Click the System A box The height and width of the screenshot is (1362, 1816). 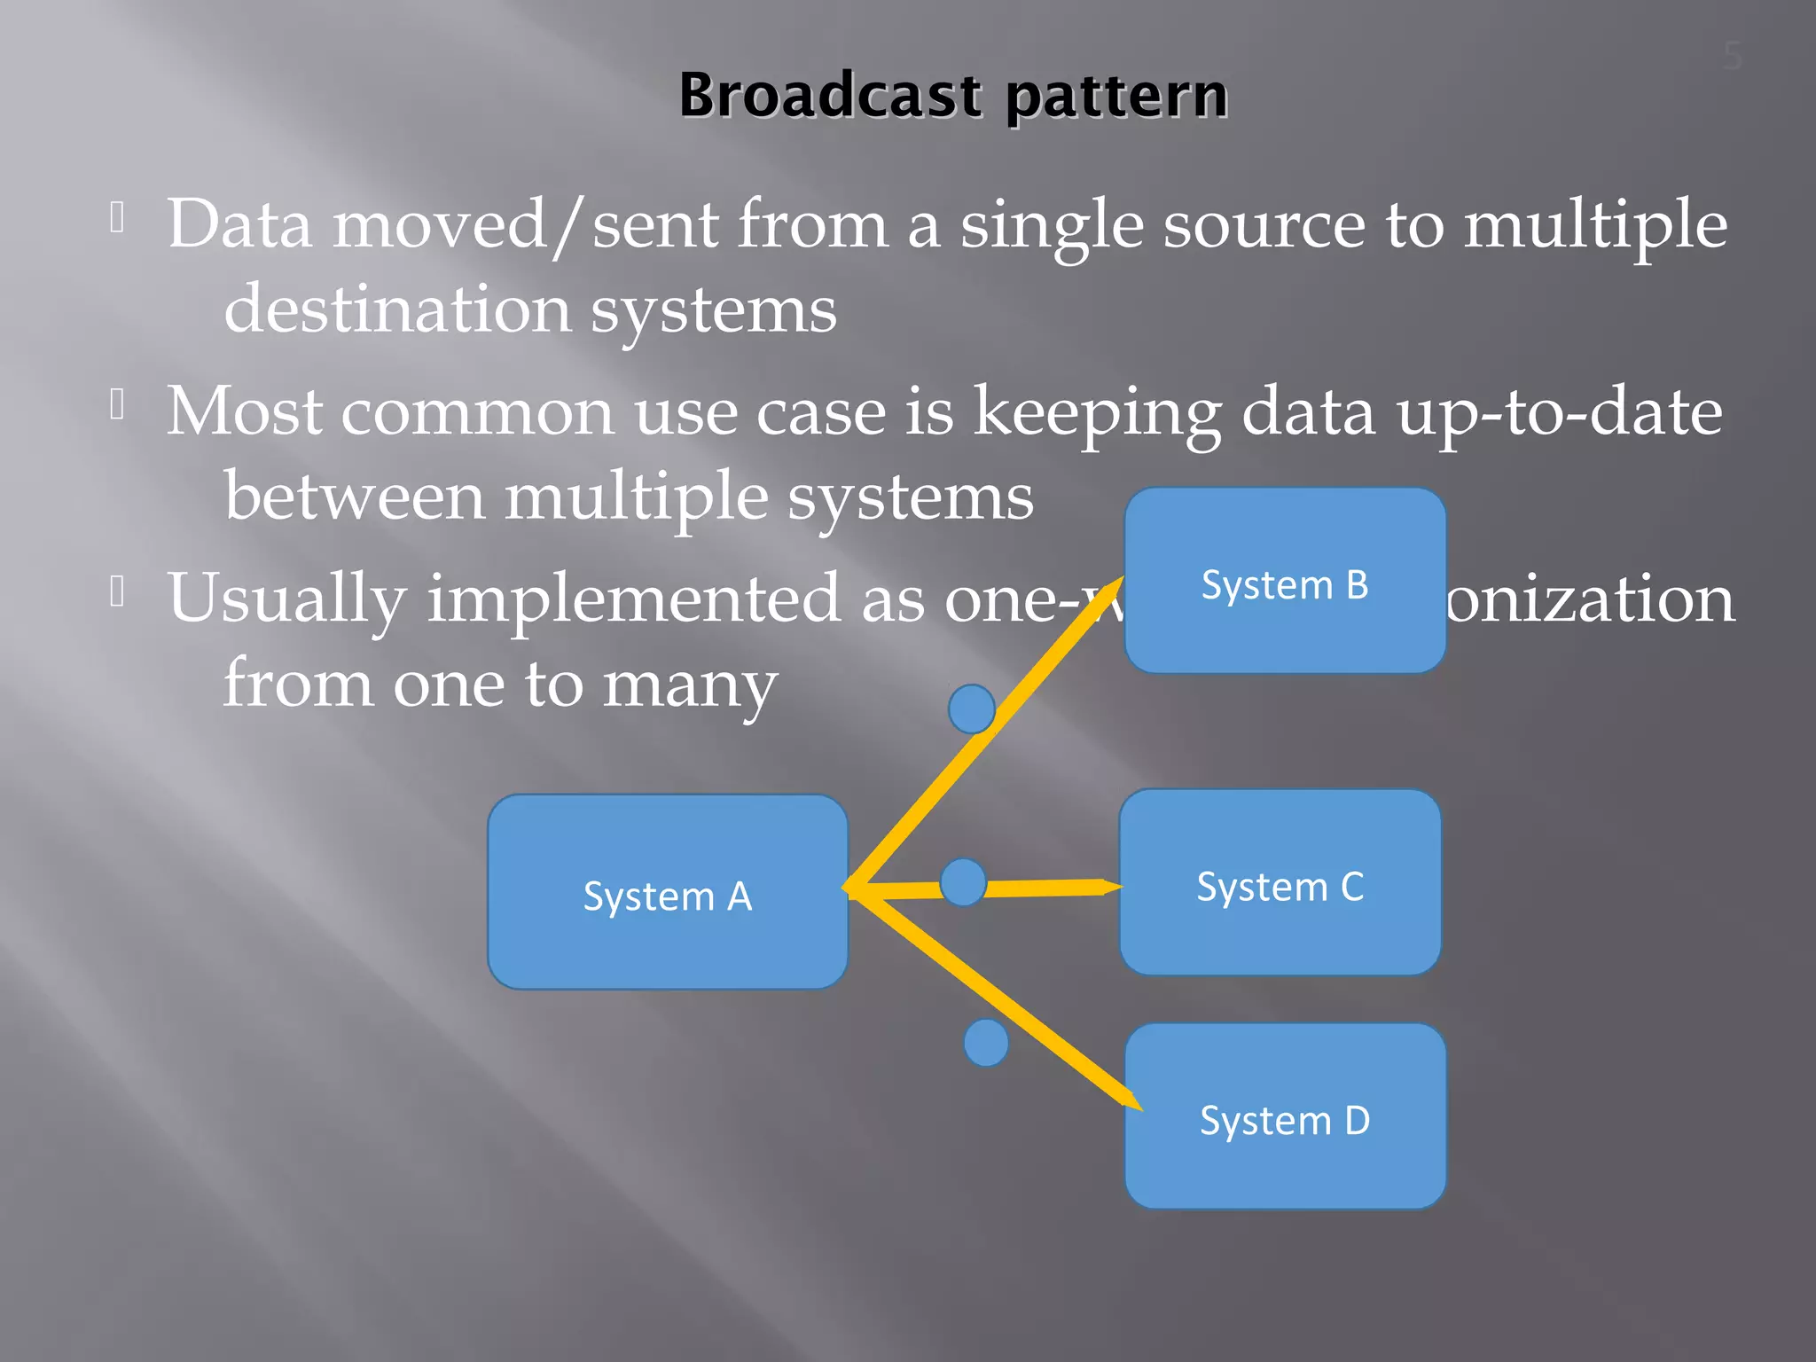tap(667, 892)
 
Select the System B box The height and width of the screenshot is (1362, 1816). tap(1284, 581)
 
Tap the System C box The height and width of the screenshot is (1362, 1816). tap(1280, 883)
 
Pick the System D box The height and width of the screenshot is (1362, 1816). tap(1284, 1116)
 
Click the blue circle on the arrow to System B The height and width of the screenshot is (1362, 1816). tap(971, 708)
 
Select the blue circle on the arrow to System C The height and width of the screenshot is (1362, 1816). tap(963, 882)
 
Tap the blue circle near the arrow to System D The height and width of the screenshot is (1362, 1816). tap(985, 1043)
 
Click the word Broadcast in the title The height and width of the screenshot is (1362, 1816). tap(830, 96)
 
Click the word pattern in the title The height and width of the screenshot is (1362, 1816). tap(1116, 96)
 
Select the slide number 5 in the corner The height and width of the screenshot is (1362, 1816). tap(1733, 57)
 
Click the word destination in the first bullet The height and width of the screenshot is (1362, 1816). tap(397, 310)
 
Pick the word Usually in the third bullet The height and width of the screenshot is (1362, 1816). tap(286, 599)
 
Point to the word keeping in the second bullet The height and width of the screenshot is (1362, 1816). tap(1097, 412)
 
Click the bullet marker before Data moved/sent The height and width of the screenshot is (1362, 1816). tap(117, 216)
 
